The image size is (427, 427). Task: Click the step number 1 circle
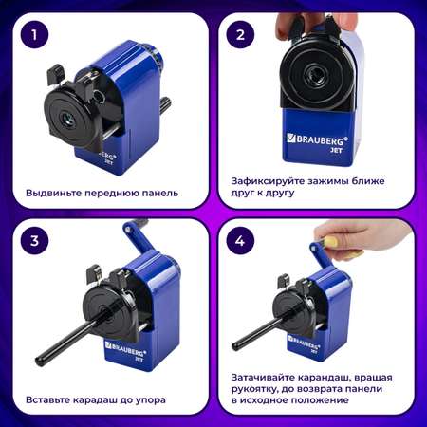pos(35,34)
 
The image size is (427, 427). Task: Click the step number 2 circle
pos(240,34)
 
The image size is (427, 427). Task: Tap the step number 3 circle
pos(35,240)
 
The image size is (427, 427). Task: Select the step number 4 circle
pos(240,240)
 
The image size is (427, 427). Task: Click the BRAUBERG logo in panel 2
pos(317,139)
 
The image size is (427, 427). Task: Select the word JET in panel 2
pos(336,151)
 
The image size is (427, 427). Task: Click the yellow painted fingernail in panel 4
pos(330,242)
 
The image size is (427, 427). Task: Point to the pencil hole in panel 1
pos(68,120)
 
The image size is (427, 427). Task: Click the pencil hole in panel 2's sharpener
pos(313,75)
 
